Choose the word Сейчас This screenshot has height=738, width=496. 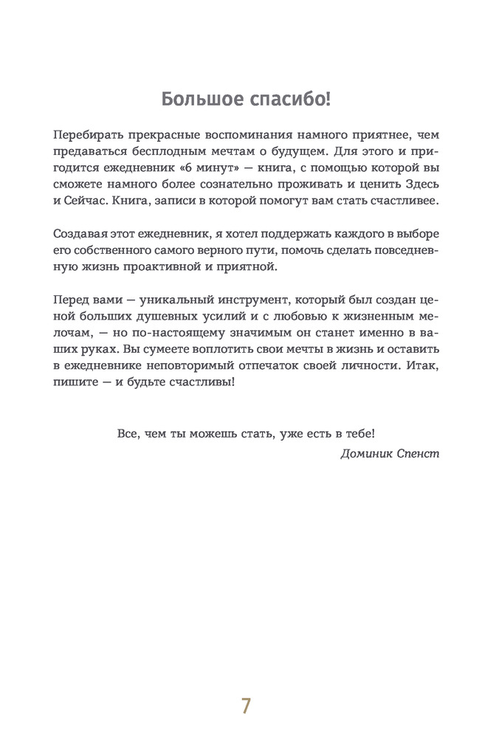point(89,202)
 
